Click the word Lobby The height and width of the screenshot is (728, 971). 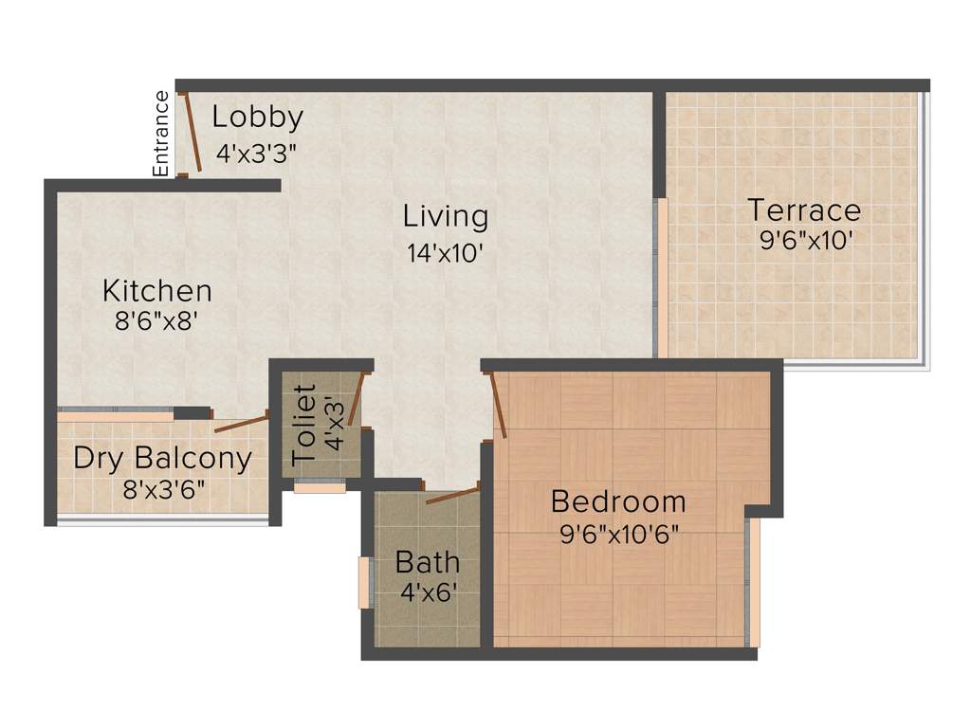[257, 118]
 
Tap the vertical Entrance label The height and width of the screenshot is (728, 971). [161, 133]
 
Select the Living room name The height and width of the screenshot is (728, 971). [446, 216]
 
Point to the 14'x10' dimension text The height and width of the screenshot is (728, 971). [446, 253]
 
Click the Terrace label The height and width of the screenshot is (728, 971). [804, 209]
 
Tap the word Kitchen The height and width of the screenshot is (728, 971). [157, 290]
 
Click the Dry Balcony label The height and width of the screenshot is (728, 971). [163, 459]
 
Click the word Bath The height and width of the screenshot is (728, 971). [428, 562]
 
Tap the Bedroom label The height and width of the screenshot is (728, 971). [618, 500]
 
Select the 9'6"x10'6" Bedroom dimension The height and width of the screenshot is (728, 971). [619, 533]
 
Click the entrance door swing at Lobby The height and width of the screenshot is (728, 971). [191, 132]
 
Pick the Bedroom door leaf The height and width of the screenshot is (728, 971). [498, 405]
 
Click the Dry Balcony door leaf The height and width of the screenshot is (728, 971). [241, 423]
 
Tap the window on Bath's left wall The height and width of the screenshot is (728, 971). [362, 583]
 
